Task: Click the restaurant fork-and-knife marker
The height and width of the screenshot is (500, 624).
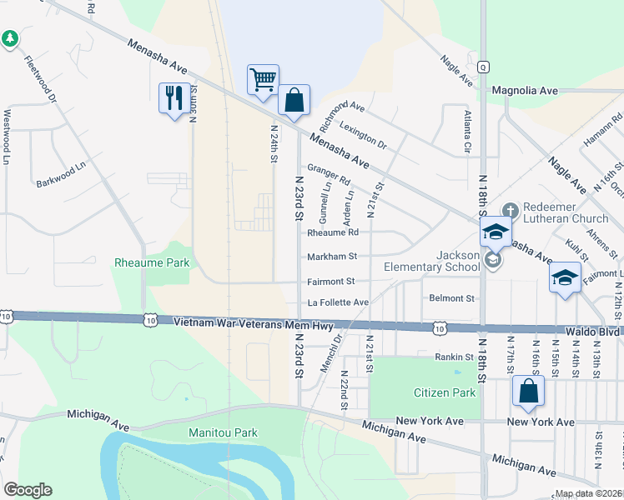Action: pyautogui.click(x=173, y=97)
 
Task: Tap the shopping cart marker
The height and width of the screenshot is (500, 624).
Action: pyautogui.click(x=263, y=80)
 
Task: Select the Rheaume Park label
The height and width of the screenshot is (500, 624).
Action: pyautogui.click(x=152, y=263)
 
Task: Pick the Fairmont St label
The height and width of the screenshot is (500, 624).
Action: pyautogui.click(x=331, y=282)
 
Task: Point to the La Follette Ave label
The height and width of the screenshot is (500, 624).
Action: pyautogui.click(x=338, y=302)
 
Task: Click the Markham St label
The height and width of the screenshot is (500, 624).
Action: pyautogui.click(x=332, y=257)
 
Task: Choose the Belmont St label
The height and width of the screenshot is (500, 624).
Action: pyautogui.click(x=451, y=297)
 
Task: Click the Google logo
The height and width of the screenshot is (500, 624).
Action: pyautogui.click(x=28, y=490)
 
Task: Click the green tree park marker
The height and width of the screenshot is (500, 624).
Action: pyautogui.click(x=10, y=38)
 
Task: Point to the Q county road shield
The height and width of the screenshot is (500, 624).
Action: pyautogui.click(x=482, y=67)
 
